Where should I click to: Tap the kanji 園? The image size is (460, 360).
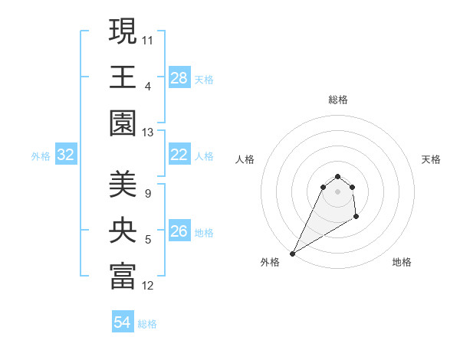(x=123, y=124)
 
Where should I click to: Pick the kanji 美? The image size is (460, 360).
(x=123, y=185)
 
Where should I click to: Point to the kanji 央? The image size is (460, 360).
(x=123, y=231)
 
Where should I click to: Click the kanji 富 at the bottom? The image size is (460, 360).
(x=123, y=277)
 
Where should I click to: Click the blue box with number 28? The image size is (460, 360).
(x=179, y=78)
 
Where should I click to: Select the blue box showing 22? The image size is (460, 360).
(x=179, y=155)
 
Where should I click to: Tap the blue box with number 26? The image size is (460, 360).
(x=179, y=231)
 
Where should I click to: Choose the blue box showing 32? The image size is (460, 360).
(x=66, y=155)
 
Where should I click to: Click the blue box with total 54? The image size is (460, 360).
(x=123, y=322)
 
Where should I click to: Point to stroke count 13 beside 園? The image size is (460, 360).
(x=148, y=133)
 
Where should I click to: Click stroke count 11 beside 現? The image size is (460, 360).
(x=148, y=38)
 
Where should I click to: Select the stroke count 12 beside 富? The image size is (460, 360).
(x=148, y=286)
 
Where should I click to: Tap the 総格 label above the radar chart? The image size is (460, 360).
(x=337, y=100)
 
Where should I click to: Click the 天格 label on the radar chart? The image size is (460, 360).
(x=431, y=159)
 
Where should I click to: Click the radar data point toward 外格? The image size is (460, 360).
(x=292, y=254)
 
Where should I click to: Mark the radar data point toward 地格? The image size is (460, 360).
(x=356, y=218)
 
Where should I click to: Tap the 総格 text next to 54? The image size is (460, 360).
(x=147, y=324)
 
